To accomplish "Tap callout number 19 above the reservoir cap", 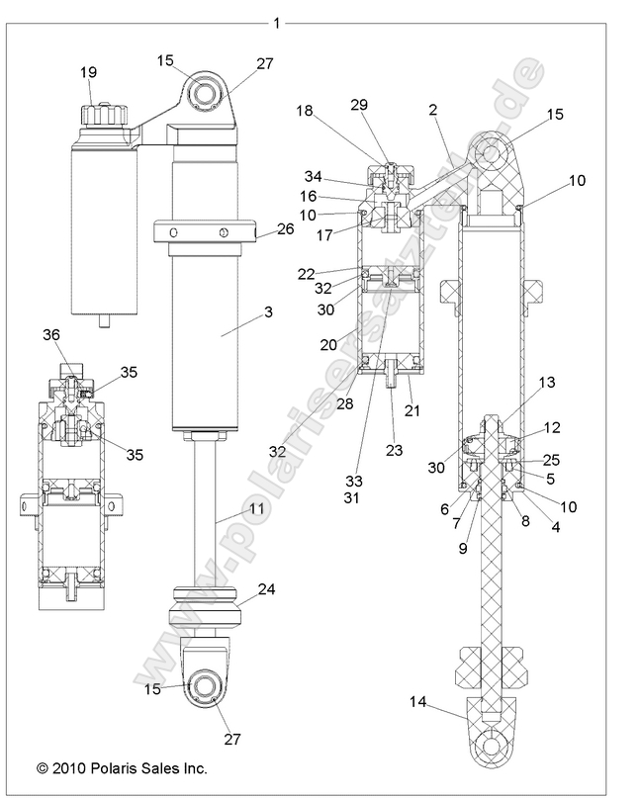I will (x=88, y=71).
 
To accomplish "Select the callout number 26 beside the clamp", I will (x=259, y=230).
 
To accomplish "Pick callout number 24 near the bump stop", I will (x=266, y=590).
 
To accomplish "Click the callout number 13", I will (x=546, y=383).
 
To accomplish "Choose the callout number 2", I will (x=433, y=111).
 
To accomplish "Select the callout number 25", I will (x=552, y=459).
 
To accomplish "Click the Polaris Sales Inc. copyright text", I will (x=122, y=767).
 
